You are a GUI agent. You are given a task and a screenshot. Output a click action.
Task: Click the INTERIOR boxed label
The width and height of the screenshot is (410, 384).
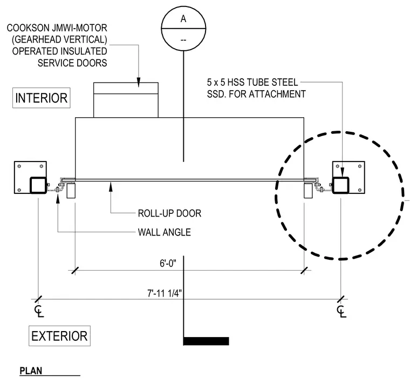[x=42, y=98]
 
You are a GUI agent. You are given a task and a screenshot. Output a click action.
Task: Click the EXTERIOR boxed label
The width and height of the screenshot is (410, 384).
[x=59, y=336]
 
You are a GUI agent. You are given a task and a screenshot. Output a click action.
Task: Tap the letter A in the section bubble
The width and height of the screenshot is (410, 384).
[x=183, y=19]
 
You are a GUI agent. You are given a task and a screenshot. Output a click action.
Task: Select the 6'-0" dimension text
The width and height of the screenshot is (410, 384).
[x=168, y=263]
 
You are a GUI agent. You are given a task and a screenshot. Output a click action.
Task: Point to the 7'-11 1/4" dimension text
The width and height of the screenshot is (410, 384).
[x=164, y=293]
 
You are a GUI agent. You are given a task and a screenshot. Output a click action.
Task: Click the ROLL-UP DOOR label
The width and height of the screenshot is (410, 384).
[x=169, y=213]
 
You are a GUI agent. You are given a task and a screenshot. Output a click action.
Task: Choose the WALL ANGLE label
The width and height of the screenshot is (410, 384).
[x=164, y=232]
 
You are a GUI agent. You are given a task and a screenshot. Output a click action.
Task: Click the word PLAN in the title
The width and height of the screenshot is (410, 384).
[x=31, y=371]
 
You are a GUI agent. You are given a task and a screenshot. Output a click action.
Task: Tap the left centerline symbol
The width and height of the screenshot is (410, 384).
[x=39, y=311]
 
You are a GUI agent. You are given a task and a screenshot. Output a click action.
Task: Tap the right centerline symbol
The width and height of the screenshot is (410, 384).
[x=341, y=311]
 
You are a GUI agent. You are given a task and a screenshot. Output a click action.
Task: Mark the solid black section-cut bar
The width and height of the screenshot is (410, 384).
[x=206, y=341]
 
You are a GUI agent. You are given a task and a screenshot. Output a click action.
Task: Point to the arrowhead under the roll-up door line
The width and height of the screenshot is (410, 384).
[x=111, y=187]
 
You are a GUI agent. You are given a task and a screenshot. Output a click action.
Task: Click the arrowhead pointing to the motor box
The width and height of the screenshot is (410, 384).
[x=139, y=82]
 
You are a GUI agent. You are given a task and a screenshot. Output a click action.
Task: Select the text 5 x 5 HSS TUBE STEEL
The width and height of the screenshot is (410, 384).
[x=252, y=82]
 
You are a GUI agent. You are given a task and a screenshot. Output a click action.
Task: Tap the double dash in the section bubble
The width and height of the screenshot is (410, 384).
[x=183, y=40]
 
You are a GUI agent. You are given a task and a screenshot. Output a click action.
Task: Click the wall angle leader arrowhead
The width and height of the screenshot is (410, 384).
[x=58, y=198]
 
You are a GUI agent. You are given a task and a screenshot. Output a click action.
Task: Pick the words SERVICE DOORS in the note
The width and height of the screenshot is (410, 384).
[x=72, y=63]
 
